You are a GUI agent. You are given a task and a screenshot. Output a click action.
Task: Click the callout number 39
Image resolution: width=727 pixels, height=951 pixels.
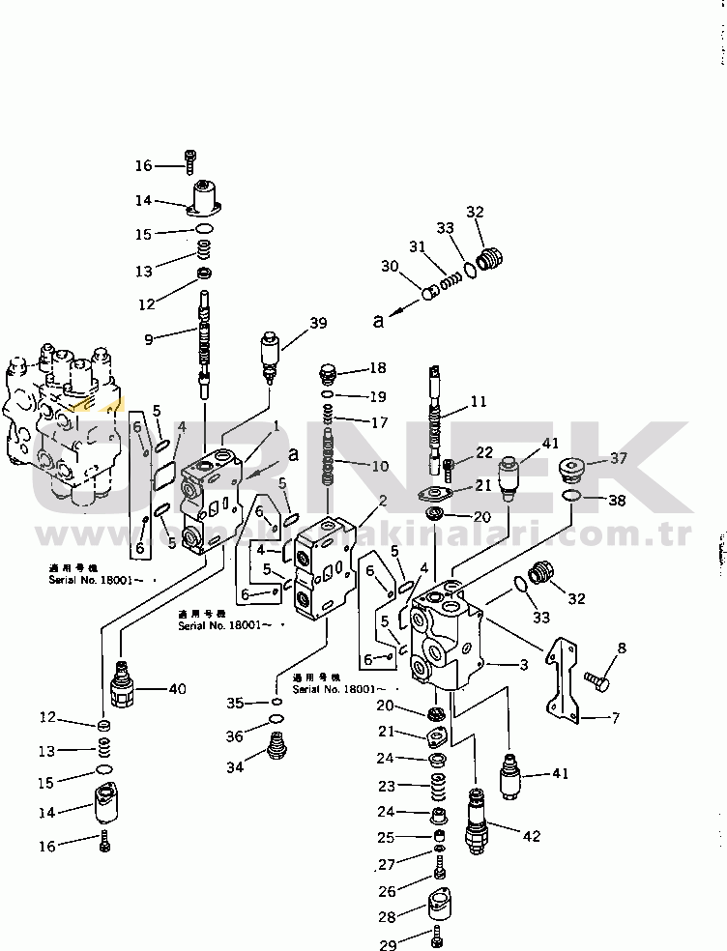pos(319,324)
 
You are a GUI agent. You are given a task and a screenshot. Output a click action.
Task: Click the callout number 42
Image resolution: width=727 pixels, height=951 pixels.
pos(531,836)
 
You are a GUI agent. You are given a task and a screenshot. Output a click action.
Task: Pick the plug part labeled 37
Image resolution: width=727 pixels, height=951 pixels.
pos(576,473)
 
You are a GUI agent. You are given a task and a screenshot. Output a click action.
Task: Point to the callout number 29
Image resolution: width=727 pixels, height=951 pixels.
pos(387,941)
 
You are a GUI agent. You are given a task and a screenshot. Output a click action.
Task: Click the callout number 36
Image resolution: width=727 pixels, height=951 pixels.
pos(234,736)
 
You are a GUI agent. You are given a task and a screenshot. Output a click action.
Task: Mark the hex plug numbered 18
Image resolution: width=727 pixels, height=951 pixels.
pos(327,371)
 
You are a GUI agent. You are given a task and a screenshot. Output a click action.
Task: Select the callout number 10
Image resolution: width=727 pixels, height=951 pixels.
pos(379,466)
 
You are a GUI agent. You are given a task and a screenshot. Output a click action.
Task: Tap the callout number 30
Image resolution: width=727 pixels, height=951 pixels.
pos(389,267)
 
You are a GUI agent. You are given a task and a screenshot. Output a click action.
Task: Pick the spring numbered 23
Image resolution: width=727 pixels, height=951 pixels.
pos(438,785)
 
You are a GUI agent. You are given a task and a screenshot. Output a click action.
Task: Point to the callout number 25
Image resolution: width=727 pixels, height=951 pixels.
pos(387,837)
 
